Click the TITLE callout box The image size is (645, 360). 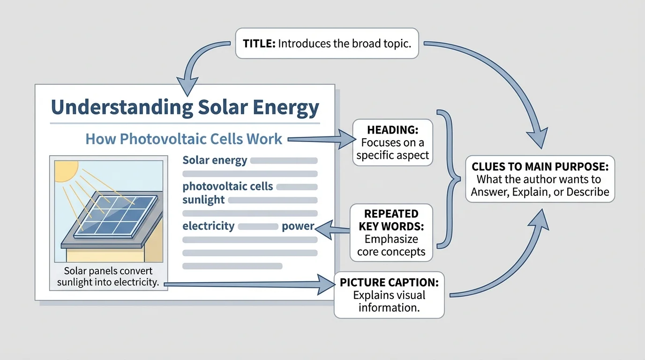(327, 44)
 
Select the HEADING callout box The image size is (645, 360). (392, 142)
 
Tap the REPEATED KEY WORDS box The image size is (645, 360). (391, 232)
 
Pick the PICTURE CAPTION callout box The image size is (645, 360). (389, 295)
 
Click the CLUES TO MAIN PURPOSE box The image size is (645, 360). (540, 179)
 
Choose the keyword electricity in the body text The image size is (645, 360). (208, 226)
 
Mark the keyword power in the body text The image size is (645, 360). (297, 226)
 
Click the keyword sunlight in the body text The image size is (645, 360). (203, 200)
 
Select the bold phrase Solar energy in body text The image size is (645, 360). (215, 160)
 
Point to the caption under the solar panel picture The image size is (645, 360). (108, 277)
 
